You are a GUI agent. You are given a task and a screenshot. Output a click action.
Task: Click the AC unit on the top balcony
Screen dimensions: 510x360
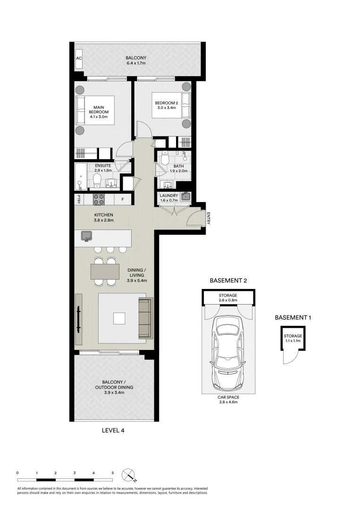(x=79, y=59)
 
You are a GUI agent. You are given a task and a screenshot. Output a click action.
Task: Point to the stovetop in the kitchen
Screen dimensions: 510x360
(x=98, y=199)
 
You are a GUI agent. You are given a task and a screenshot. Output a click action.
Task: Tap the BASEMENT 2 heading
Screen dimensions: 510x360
(x=228, y=280)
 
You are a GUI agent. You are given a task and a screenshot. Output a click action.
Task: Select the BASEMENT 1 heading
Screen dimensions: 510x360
(x=293, y=318)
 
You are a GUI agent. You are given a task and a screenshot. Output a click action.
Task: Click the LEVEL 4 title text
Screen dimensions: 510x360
(x=113, y=430)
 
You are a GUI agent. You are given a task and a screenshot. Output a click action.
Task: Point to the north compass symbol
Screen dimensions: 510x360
(x=128, y=474)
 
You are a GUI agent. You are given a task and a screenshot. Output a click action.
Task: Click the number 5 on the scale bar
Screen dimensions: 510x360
(x=113, y=472)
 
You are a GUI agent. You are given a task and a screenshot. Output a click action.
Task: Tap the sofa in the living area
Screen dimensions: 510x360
(x=145, y=318)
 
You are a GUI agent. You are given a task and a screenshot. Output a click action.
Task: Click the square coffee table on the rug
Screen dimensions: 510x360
(x=119, y=319)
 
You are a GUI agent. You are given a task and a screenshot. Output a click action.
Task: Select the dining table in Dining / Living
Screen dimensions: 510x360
(x=105, y=271)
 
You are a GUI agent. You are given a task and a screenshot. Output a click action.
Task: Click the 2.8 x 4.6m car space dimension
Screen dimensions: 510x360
(x=228, y=402)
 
